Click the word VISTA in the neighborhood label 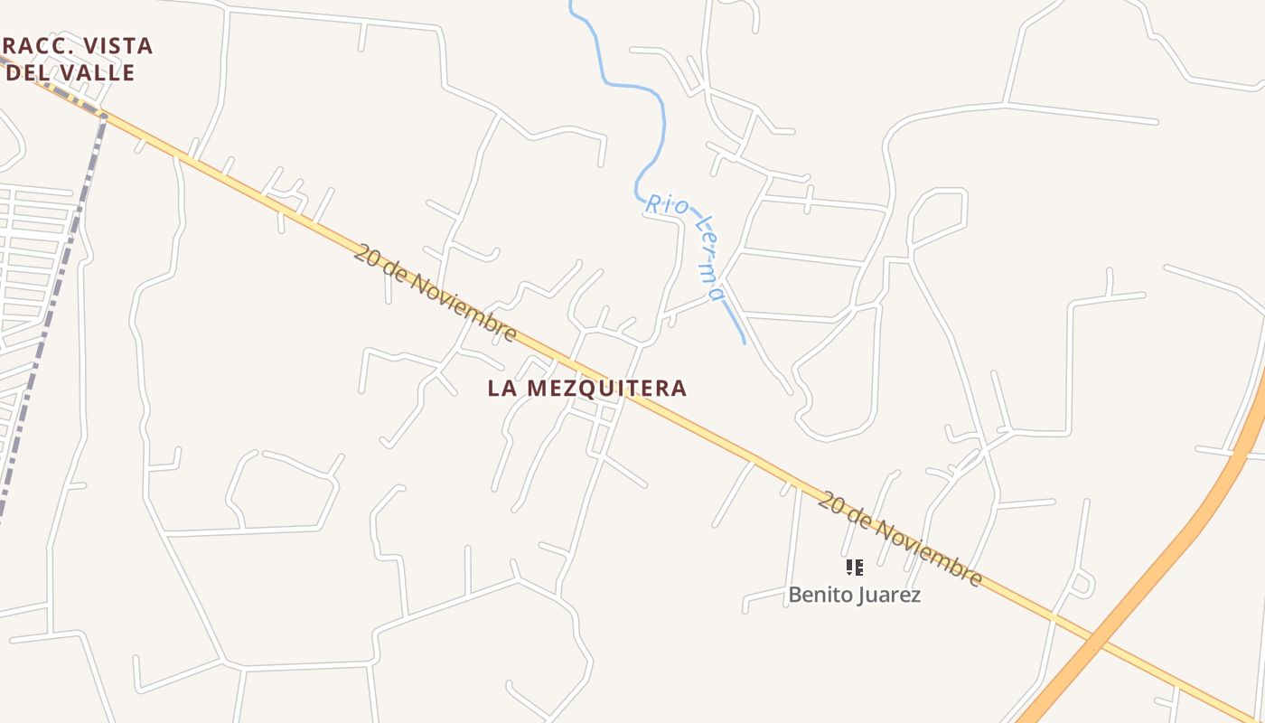tap(120, 45)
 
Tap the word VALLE tap(96, 72)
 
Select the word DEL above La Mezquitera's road tap(27, 72)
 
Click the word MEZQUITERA tap(606, 388)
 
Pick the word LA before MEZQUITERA tap(502, 388)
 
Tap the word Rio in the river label tap(666, 206)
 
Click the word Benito tap(819, 595)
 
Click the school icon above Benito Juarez tap(854, 568)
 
